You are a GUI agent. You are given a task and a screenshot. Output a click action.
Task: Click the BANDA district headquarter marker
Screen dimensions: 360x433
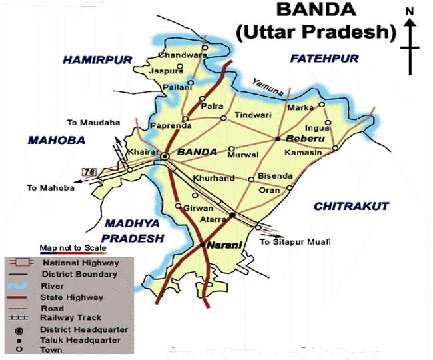(x=165, y=155)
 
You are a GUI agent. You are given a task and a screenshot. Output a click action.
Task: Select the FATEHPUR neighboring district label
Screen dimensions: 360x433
(x=324, y=59)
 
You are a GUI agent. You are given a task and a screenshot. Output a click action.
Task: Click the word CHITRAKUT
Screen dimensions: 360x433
(x=351, y=207)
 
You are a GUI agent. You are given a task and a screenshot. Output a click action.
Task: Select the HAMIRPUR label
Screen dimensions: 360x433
(x=98, y=60)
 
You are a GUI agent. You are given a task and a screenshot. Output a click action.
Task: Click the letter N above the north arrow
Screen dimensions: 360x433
(x=410, y=11)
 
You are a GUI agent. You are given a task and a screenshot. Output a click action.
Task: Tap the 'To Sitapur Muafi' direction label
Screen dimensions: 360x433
(x=295, y=241)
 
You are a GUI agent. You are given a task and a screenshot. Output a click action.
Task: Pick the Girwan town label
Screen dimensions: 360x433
(x=199, y=208)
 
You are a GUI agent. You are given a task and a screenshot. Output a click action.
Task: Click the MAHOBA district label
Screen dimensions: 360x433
(x=57, y=140)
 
